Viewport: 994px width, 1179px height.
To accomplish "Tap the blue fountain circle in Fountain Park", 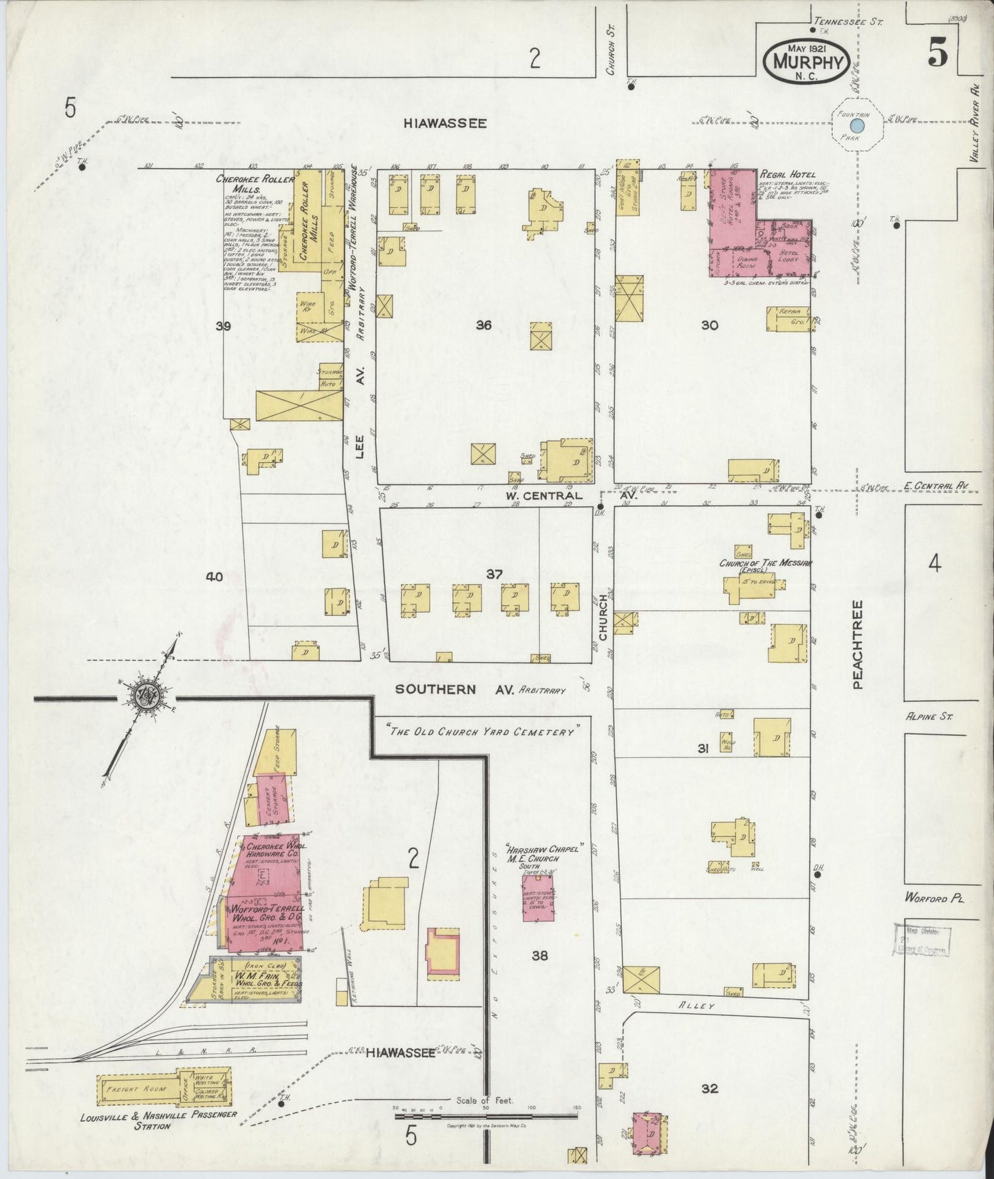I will coord(857,126).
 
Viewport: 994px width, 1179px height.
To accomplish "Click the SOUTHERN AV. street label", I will coord(455,689).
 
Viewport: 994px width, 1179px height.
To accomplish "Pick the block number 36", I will coord(484,325).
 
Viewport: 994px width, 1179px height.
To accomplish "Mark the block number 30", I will coord(709,325).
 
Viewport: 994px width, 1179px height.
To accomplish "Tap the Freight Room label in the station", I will coord(140,1090).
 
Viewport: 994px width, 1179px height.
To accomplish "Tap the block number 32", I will coord(710,1089).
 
